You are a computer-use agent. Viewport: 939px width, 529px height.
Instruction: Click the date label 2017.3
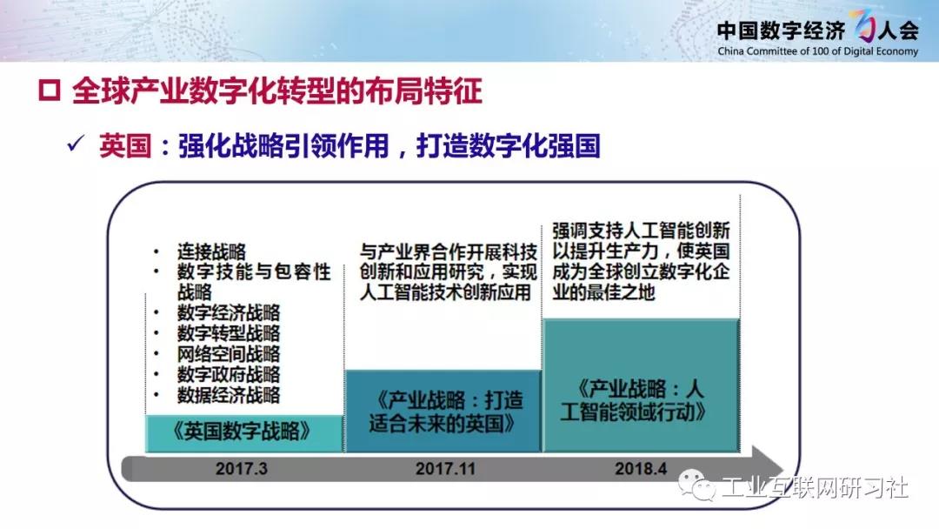coord(242,468)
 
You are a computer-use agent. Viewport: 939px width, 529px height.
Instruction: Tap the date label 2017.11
coord(445,468)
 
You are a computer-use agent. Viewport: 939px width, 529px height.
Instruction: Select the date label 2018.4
coord(641,468)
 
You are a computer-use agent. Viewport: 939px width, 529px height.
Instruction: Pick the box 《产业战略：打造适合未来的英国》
coord(443,411)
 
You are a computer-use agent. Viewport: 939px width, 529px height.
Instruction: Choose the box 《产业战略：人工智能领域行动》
coord(641,385)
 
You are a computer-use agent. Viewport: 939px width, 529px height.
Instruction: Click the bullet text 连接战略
coord(211,251)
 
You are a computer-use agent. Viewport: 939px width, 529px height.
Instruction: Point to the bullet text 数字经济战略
coord(228,312)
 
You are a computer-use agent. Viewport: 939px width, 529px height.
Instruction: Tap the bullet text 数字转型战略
coord(228,333)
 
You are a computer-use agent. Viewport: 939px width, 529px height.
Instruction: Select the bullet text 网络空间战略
coord(228,353)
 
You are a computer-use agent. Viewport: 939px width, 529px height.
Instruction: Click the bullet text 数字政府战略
coord(228,374)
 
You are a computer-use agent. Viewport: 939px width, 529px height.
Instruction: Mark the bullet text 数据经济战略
coord(228,395)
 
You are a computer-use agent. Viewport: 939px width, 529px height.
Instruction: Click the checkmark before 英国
coord(76,144)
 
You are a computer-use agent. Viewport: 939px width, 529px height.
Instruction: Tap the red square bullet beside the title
coord(49,90)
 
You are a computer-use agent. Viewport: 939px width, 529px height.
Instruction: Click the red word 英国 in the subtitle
coord(125,146)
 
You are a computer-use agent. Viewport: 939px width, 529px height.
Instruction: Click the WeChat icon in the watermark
coord(696,485)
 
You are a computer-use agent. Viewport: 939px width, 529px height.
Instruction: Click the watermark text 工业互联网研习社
coord(815,487)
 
